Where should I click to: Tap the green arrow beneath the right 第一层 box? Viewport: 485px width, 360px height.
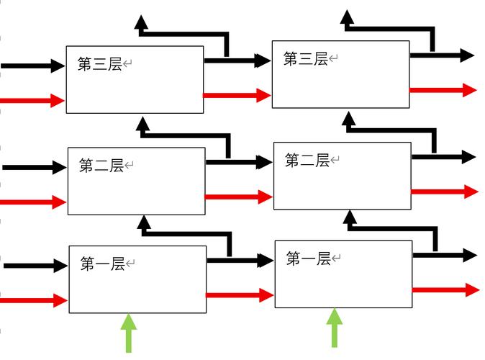click(334, 327)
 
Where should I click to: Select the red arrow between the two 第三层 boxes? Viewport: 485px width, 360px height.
click(237, 94)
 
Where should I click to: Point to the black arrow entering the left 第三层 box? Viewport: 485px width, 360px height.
click(33, 66)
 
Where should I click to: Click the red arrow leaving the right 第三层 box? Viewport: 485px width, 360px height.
click(443, 90)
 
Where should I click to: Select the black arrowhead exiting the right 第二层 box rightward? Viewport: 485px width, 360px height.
click(468, 157)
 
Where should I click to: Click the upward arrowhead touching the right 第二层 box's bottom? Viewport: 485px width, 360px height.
click(350, 217)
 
